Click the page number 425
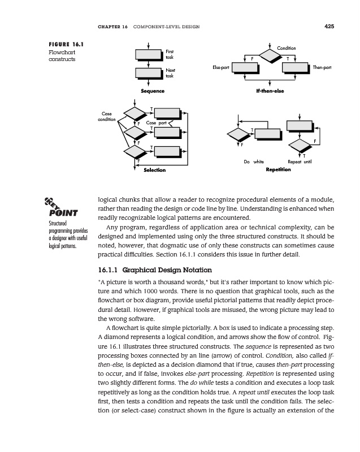(329, 25)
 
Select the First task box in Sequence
(149, 54)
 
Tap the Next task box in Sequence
(149, 73)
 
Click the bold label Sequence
(153, 91)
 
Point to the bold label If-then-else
(270, 91)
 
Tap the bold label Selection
(155, 170)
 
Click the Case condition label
(106, 117)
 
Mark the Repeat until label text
(299, 162)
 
